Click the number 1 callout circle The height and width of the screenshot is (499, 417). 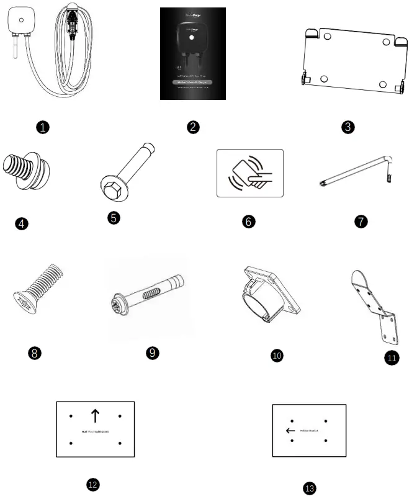coord(42,127)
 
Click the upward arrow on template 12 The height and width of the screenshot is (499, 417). coord(95,415)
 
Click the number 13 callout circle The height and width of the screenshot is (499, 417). coord(310,488)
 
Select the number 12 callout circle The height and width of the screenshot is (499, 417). coord(94,484)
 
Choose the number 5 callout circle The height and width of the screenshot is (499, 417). coord(114,217)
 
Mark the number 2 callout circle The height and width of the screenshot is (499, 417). coord(194,127)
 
